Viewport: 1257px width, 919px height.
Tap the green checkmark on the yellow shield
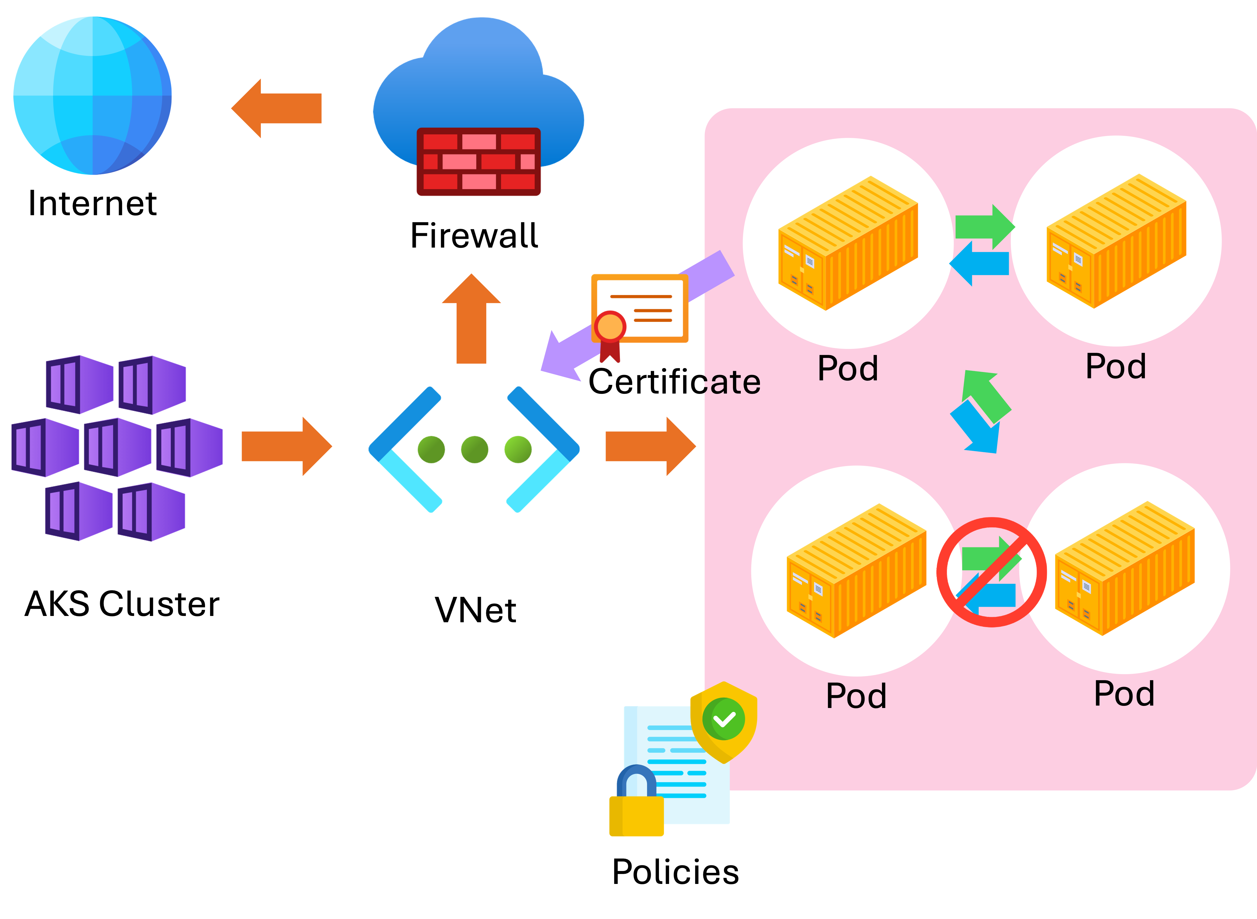click(x=723, y=719)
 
